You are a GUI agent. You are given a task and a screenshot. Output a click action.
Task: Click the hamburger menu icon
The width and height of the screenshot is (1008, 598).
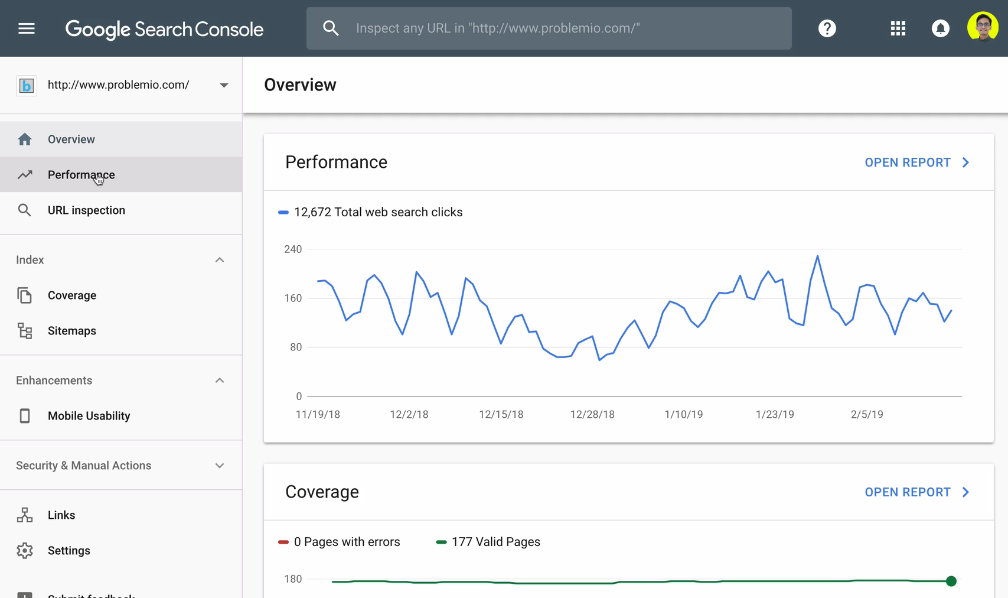pyautogui.click(x=27, y=28)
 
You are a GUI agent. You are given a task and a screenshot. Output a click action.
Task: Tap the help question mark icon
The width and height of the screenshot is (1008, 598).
pyautogui.click(x=827, y=28)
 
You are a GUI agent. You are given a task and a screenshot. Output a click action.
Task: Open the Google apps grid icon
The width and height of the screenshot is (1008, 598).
pyautogui.click(x=898, y=28)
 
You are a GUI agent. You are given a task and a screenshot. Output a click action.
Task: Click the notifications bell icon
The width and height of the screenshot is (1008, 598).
pyautogui.click(x=940, y=28)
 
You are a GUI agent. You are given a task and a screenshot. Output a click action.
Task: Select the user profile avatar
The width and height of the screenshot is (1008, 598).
pyautogui.click(x=983, y=27)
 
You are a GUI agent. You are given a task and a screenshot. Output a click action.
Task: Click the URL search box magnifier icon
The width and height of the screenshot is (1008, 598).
pyautogui.click(x=331, y=28)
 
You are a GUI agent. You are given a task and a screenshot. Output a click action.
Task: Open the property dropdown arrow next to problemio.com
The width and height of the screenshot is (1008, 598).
pyautogui.click(x=224, y=85)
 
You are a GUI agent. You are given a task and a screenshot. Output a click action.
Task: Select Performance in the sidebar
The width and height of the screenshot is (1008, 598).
pyautogui.click(x=81, y=175)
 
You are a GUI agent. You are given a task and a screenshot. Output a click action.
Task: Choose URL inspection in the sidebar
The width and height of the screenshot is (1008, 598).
pyautogui.click(x=86, y=210)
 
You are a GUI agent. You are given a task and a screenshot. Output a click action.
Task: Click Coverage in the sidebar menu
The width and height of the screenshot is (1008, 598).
pyautogui.click(x=72, y=295)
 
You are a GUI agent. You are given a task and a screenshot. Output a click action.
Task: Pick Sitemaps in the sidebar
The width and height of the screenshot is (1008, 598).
pyautogui.click(x=72, y=331)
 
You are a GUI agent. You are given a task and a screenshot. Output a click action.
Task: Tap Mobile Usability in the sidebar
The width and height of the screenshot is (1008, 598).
pyautogui.click(x=89, y=416)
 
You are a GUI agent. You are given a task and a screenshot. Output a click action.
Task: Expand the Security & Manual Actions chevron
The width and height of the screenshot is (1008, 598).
pyautogui.click(x=220, y=466)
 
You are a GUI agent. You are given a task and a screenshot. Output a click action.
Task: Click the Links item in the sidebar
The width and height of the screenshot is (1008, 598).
pyautogui.click(x=61, y=515)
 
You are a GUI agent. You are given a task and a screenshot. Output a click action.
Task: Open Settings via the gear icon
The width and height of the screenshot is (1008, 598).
pyautogui.click(x=25, y=551)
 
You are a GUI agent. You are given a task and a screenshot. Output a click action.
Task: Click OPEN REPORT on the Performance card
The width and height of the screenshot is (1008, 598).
pyautogui.click(x=916, y=162)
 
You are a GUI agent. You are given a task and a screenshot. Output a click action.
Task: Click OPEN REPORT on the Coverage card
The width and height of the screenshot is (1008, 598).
pyautogui.click(x=916, y=492)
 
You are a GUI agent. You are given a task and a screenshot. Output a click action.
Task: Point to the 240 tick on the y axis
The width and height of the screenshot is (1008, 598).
pyautogui.click(x=293, y=249)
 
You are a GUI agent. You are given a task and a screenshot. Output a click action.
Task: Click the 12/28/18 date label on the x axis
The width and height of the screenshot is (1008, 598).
pyautogui.click(x=592, y=414)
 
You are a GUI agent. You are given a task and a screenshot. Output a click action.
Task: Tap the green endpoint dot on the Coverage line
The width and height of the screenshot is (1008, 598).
pyautogui.click(x=951, y=581)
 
